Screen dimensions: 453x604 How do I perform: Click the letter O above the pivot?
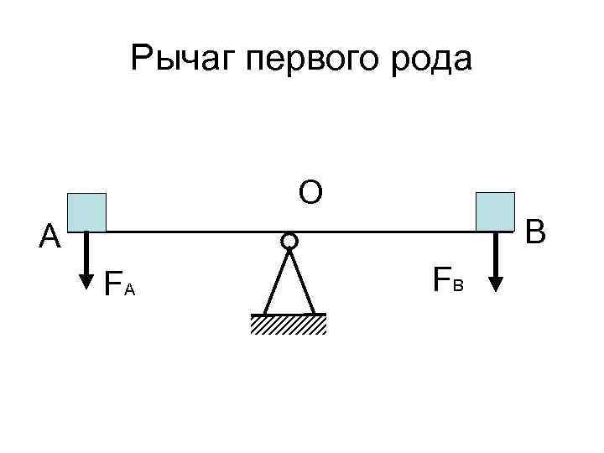[310, 193]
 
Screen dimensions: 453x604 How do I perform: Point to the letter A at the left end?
[50, 238]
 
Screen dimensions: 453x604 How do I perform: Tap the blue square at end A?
[87, 211]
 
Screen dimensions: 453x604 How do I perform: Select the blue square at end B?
[495, 211]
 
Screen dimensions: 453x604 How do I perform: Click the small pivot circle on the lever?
[289, 242]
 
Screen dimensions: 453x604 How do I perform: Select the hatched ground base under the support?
[288, 325]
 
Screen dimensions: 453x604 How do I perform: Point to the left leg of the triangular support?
[273, 282]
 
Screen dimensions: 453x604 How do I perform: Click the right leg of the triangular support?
[303, 282]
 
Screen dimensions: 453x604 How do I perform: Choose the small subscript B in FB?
[458, 285]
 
